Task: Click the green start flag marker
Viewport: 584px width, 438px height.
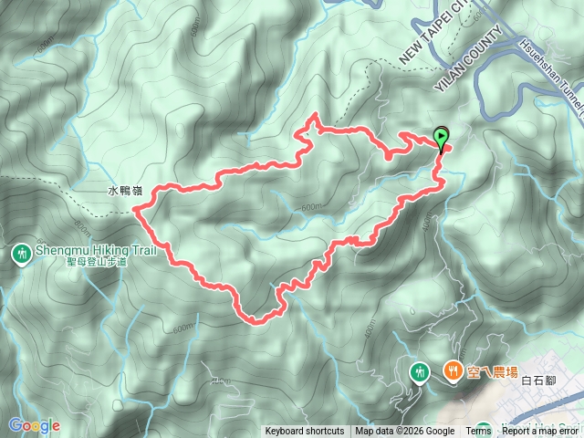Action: point(442,139)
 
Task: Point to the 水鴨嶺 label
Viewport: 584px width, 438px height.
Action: point(125,193)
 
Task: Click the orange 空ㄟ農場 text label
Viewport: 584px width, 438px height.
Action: point(492,370)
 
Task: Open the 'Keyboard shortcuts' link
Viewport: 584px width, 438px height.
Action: point(305,432)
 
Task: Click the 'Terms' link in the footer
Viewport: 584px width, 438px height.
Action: point(478,432)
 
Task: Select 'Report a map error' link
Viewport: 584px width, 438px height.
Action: point(541,432)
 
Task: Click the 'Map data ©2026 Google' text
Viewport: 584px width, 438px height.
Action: point(405,432)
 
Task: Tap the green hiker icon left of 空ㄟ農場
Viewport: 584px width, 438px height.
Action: point(420,370)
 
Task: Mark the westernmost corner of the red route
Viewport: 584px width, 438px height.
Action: point(136,209)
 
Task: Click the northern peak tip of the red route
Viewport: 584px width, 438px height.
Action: point(315,115)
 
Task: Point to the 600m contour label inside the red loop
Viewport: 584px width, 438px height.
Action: point(311,208)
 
